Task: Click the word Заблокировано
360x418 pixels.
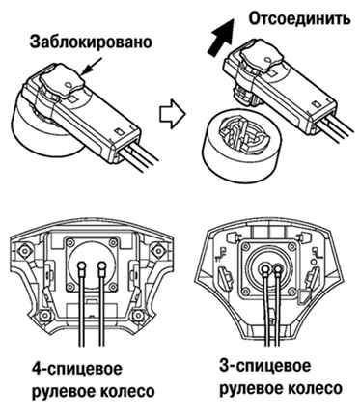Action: pos(91,42)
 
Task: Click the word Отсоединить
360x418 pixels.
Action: pos(299,18)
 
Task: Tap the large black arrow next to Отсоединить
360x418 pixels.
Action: pos(221,38)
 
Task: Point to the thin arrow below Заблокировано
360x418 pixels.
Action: pos(92,67)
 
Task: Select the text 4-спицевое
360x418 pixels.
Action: pos(77,369)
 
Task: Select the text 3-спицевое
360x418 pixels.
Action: pos(265,367)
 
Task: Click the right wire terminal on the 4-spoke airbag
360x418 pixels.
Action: pos(102,265)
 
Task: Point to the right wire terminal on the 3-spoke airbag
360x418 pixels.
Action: pos(277,268)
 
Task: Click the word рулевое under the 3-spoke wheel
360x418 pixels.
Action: pos(249,389)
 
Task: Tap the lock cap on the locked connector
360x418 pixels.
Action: pos(62,83)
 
